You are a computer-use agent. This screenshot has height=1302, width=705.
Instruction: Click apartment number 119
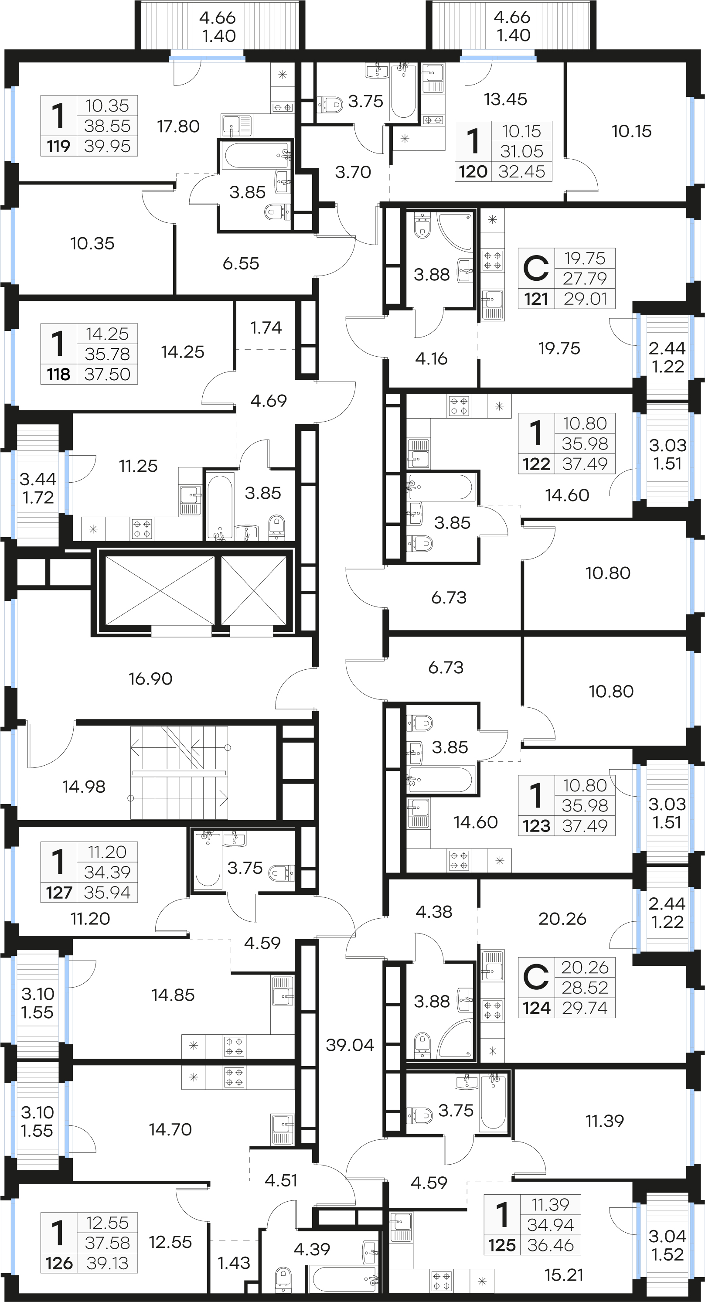(58, 147)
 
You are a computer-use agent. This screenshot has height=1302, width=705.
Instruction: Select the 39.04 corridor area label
(350, 1045)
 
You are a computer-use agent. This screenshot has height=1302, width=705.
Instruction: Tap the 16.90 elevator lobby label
(150, 678)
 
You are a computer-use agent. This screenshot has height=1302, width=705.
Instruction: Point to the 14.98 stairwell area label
(84, 787)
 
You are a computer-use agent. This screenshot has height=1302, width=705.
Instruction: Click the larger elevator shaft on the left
(160, 591)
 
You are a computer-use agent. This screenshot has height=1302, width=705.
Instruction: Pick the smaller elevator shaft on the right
(254, 591)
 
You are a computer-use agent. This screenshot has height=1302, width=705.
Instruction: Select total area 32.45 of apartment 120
(521, 172)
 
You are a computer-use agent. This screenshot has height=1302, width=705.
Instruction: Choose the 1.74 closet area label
(266, 327)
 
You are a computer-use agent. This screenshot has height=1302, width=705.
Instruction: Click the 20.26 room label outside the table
(562, 918)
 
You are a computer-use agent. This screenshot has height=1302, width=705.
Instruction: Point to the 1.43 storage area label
(234, 1263)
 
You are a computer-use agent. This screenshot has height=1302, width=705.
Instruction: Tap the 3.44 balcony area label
(38, 479)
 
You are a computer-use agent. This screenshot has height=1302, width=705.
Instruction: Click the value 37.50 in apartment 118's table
(107, 375)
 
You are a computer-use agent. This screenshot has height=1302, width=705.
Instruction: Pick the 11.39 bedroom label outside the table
(604, 1121)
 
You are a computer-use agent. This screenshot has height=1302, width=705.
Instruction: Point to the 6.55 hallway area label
(241, 263)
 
